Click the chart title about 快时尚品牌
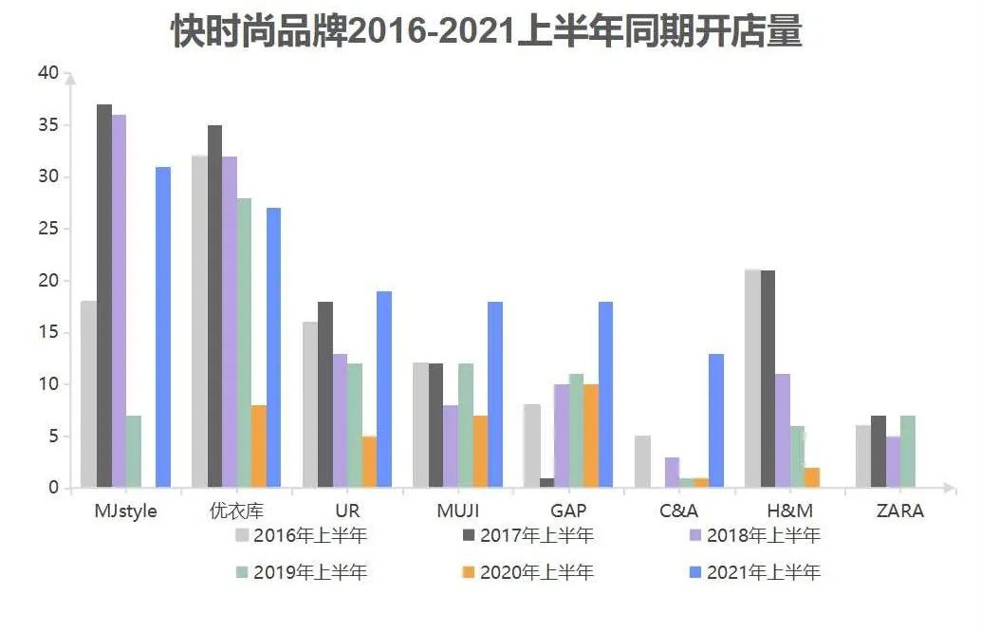click(x=486, y=32)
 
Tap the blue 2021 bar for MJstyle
click(x=163, y=327)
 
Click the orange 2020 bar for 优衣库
click(x=259, y=447)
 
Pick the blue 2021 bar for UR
click(x=384, y=389)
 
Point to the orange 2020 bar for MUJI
click(x=480, y=452)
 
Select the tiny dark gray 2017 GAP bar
click(x=546, y=483)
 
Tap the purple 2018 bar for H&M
click(x=783, y=431)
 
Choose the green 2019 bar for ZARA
click(x=909, y=452)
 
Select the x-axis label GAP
click(x=568, y=511)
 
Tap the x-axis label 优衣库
click(x=236, y=511)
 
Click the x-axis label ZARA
click(x=900, y=511)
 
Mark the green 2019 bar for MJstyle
click(x=134, y=452)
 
